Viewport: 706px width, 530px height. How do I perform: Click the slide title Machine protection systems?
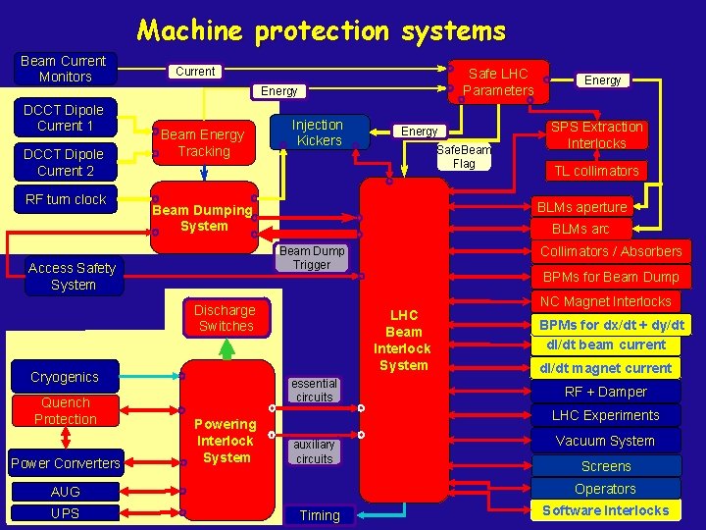coord(321,29)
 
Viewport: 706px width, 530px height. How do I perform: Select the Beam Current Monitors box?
coord(65,69)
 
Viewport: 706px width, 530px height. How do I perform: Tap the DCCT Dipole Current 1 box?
coord(65,118)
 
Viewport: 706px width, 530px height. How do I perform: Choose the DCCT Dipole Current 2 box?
coord(65,162)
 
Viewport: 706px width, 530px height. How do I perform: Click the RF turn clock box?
coord(65,199)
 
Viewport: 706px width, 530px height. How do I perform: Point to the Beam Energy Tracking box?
coord(202,143)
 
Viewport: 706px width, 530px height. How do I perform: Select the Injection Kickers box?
coord(319,132)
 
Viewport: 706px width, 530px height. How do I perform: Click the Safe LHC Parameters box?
coord(498,81)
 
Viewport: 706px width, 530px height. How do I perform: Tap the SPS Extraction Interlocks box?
coord(596,134)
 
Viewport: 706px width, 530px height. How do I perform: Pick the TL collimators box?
coord(596,171)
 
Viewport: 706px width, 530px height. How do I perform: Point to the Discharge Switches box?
coord(226,318)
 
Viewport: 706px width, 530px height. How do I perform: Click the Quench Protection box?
coord(66,411)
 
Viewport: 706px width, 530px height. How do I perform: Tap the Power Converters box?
coord(66,463)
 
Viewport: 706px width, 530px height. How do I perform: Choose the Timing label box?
coord(320,515)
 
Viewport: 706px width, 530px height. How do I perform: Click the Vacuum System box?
coord(604,441)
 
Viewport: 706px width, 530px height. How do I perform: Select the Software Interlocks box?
coord(604,510)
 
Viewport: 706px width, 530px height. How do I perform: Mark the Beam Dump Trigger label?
coord(312,257)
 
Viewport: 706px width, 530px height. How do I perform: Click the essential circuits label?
coord(314,390)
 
